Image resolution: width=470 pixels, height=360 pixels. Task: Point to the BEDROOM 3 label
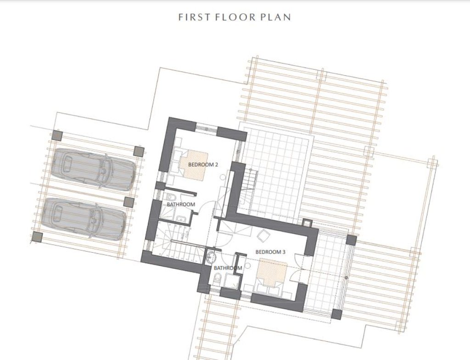[x=270, y=252]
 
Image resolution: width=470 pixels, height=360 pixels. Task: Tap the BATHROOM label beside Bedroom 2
[x=181, y=204]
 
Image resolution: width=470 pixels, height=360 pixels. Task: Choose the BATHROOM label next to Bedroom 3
[x=228, y=268]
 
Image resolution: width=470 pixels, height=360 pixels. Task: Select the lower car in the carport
[x=84, y=219]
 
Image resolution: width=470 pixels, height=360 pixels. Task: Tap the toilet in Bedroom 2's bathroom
[x=171, y=198]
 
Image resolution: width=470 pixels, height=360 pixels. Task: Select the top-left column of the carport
[x=57, y=136]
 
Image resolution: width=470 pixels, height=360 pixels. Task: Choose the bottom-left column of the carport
[x=37, y=237]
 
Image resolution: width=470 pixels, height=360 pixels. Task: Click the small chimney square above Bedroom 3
[x=307, y=222]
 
